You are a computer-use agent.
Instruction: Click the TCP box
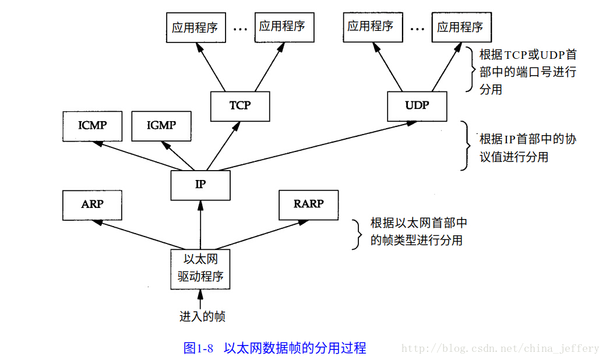tap(239, 106)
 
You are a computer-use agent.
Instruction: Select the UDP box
tap(417, 105)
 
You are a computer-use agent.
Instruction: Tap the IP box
tap(200, 184)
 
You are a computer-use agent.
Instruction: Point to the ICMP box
tap(92, 125)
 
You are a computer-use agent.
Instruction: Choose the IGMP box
tap(161, 125)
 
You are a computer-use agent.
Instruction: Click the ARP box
tap(91, 204)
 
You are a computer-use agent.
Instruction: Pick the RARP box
tap(308, 204)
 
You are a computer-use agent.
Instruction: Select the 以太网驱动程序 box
tap(200, 268)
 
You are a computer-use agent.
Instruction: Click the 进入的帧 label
tap(202, 317)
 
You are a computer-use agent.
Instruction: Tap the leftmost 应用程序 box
tap(195, 27)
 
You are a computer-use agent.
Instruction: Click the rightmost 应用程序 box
tap(460, 27)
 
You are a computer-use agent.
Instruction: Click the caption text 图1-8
tap(199, 348)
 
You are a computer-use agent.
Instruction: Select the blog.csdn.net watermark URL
tap(500, 348)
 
